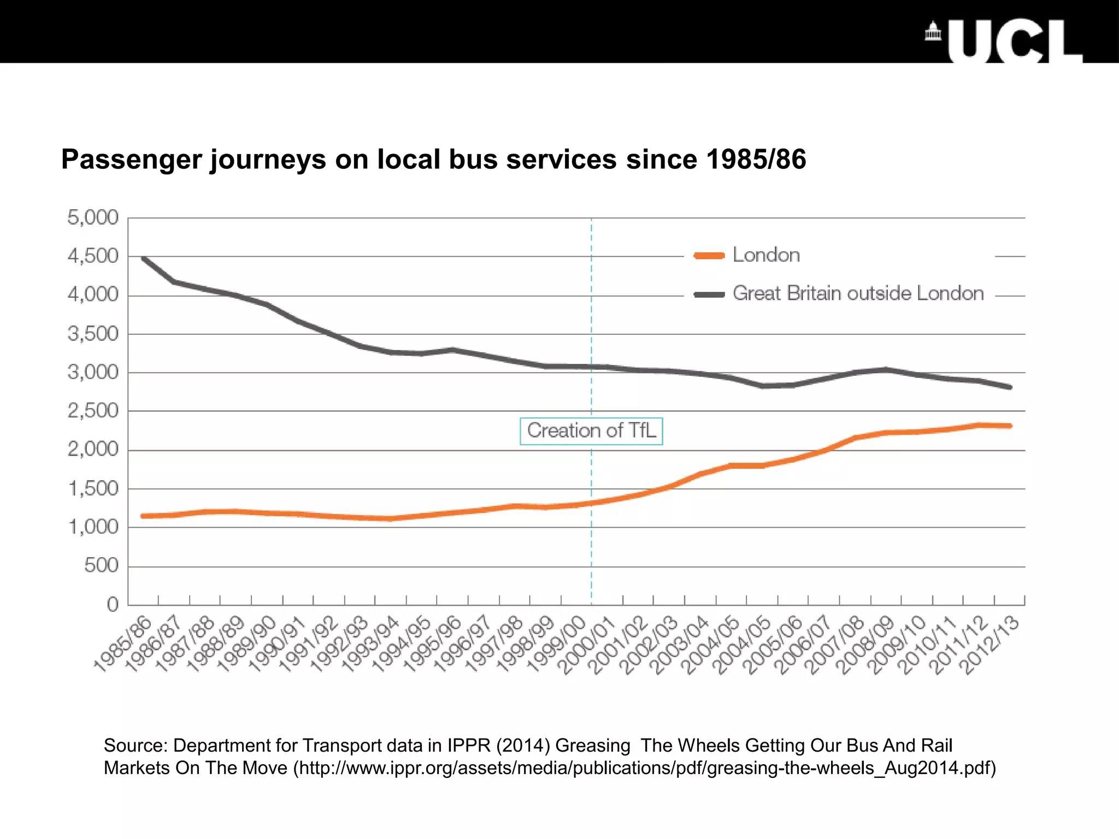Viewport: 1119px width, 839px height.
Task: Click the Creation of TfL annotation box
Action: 591,431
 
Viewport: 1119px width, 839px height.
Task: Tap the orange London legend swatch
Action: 709,256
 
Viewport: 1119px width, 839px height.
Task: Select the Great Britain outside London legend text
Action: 858,294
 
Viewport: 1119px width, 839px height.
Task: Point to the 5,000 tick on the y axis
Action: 93,217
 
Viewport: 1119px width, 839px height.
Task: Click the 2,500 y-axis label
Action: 93,411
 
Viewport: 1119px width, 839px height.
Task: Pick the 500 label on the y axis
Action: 101,565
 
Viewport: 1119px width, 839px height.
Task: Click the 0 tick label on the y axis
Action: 113,604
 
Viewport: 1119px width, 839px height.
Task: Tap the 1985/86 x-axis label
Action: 122,645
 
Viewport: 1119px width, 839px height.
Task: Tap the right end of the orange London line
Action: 1010,426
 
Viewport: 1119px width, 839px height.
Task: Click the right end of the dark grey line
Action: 1010,387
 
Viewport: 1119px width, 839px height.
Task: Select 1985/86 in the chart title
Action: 756,159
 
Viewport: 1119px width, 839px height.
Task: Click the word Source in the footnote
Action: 135,746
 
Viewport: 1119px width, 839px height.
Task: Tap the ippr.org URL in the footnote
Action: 645,768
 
